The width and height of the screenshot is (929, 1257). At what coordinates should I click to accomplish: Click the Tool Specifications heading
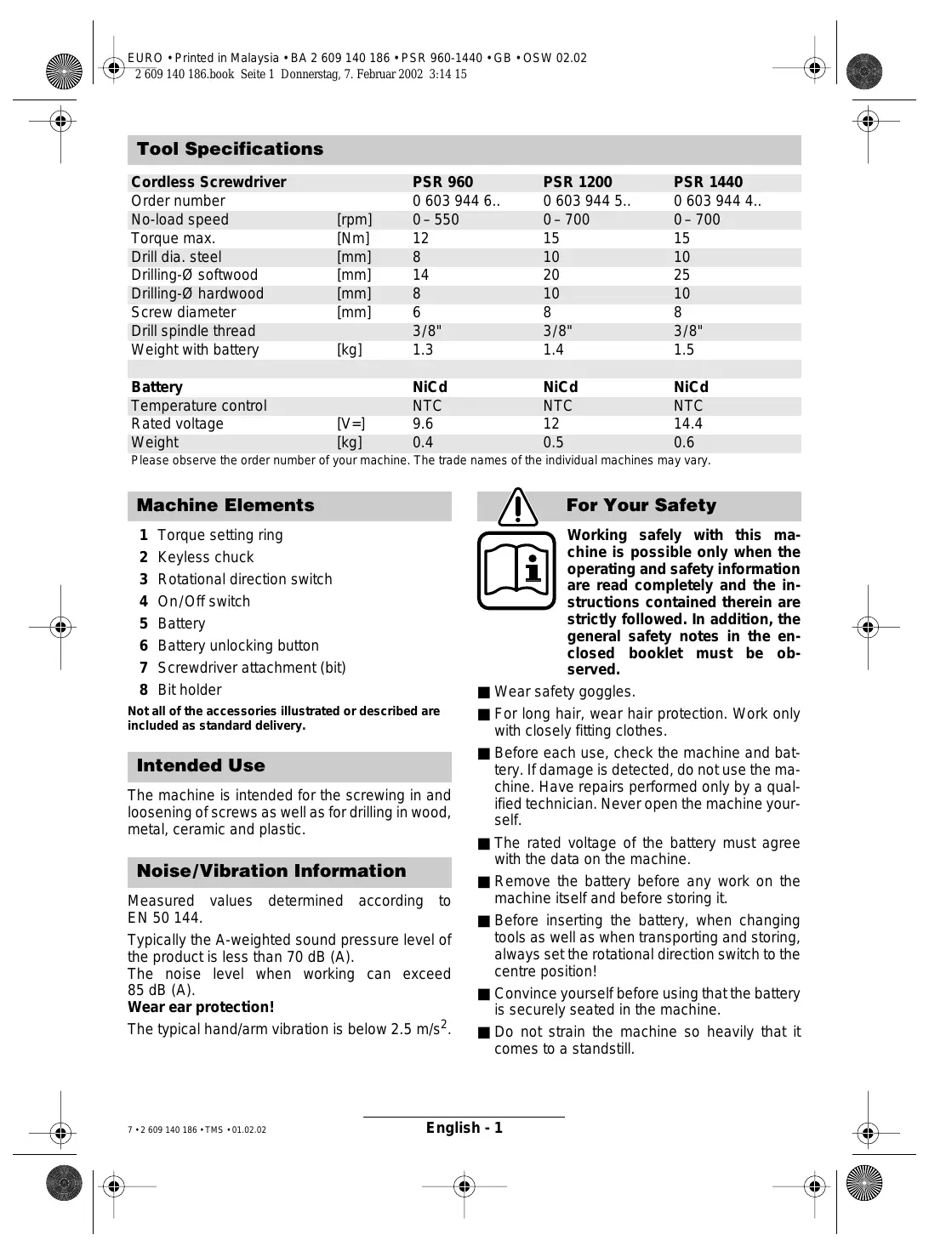[x=230, y=150]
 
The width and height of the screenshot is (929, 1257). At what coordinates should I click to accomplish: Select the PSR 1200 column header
[x=577, y=182]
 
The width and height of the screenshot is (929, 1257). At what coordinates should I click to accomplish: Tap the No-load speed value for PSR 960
[x=436, y=219]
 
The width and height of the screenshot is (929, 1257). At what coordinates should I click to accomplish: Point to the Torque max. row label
[x=173, y=238]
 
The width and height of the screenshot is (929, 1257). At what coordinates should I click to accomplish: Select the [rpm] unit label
[x=354, y=219]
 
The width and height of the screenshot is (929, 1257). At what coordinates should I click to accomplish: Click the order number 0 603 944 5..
[x=586, y=201]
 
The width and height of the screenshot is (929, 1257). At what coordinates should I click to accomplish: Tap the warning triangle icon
[x=517, y=507]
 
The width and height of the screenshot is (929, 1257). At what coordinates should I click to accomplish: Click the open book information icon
[x=516, y=570]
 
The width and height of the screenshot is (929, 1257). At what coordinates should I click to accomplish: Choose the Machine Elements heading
[x=225, y=506]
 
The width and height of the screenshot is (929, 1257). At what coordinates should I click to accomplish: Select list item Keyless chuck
[x=206, y=557]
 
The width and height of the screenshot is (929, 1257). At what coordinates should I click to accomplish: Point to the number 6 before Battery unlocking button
[x=144, y=646]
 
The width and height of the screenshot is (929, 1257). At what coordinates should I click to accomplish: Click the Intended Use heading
[x=201, y=766]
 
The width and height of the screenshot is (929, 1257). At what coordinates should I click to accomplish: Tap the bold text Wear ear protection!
[x=201, y=1007]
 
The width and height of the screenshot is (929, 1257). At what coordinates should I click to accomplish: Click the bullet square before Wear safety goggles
[x=484, y=692]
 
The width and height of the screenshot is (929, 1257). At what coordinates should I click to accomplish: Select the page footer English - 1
[x=464, y=1128]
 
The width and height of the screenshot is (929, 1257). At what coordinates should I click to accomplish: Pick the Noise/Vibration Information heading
[x=271, y=872]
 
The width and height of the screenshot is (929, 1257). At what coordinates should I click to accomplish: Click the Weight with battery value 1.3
[x=423, y=350]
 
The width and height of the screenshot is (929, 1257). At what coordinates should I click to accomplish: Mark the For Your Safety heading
[x=641, y=506]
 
